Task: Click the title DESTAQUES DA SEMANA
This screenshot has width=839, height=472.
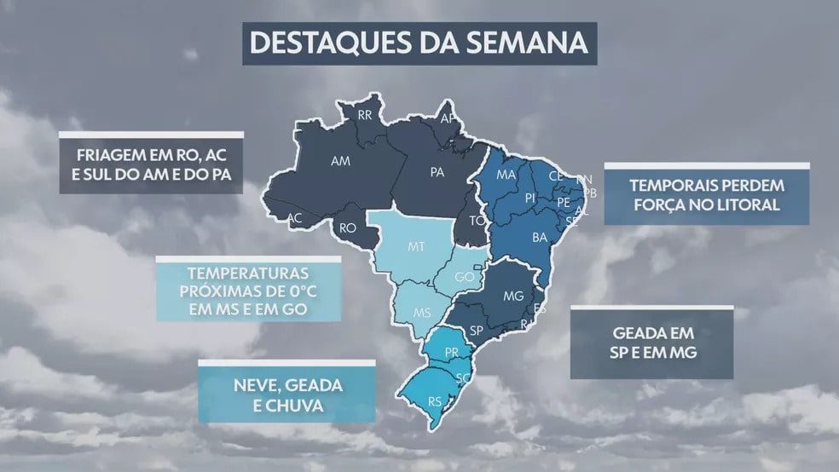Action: pyautogui.click(x=419, y=43)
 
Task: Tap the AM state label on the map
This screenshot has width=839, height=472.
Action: pyautogui.click(x=341, y=160)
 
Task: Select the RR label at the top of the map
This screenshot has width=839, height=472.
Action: pyautogui.click(x=365, y=114)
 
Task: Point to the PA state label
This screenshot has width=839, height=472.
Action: pyautogui.click(x=437, y=172)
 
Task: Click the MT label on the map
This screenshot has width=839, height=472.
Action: pyautogui.click(x=416, y=247)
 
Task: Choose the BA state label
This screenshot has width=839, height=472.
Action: pyautogui.click(x=540, y=238)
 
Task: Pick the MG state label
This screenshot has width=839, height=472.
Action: pyautogui.click(x=512, y=296)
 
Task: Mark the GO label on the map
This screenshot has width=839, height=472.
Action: pyautogui.click(x=465, y=278)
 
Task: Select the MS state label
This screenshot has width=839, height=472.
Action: pyautogui.click(x=422, y=313)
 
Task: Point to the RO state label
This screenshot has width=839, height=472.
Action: pyautogui.click(x=348, y=227)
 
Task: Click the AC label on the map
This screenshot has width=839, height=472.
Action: pyautogui.click(x=294, y=218)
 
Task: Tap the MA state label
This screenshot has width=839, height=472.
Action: pyautogui.click(x=506, y=175)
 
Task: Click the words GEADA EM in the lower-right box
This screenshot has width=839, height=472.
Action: pyautogui.click(x=653, y=333)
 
